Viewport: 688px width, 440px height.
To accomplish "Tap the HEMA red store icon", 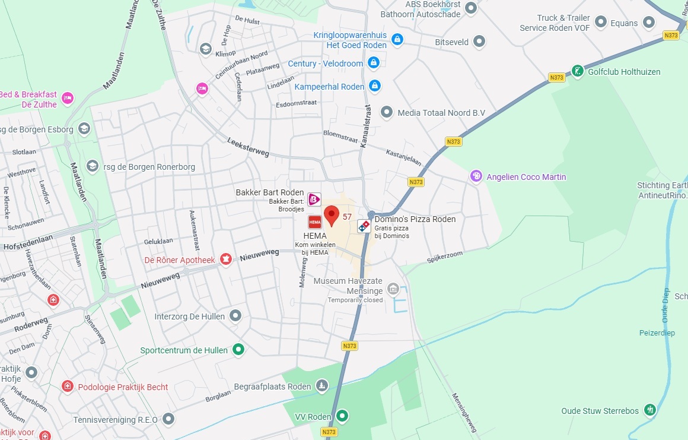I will click(315, 222).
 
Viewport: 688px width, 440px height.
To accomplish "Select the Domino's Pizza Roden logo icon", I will click(364, 226).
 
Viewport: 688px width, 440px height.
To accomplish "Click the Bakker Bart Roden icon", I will click(314, 200).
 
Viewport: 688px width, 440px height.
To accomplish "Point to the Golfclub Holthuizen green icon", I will click(577, 72).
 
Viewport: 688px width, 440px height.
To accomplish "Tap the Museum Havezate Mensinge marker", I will click(393, 289).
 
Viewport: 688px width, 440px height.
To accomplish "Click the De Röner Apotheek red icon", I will click(225, 259).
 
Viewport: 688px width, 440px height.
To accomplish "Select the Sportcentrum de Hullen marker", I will click(238, 350).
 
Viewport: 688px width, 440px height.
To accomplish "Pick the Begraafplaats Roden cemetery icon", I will click(321, 386).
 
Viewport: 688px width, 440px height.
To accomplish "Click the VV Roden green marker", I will click(342, 416).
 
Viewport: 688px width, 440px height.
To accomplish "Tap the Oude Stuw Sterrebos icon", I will click(650, 410).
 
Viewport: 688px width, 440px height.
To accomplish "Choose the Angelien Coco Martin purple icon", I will click(476, 176).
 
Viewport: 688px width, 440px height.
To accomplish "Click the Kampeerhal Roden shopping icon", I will click(374, 86).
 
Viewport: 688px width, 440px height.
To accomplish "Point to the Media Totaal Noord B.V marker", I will click(387, 112).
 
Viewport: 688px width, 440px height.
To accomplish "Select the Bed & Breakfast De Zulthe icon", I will click(68, 98).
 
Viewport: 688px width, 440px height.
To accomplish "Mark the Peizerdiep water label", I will click(657, 333).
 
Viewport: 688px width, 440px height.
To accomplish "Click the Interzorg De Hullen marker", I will click(235, 316).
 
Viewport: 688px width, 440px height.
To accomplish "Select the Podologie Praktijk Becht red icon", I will click(68, 387).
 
